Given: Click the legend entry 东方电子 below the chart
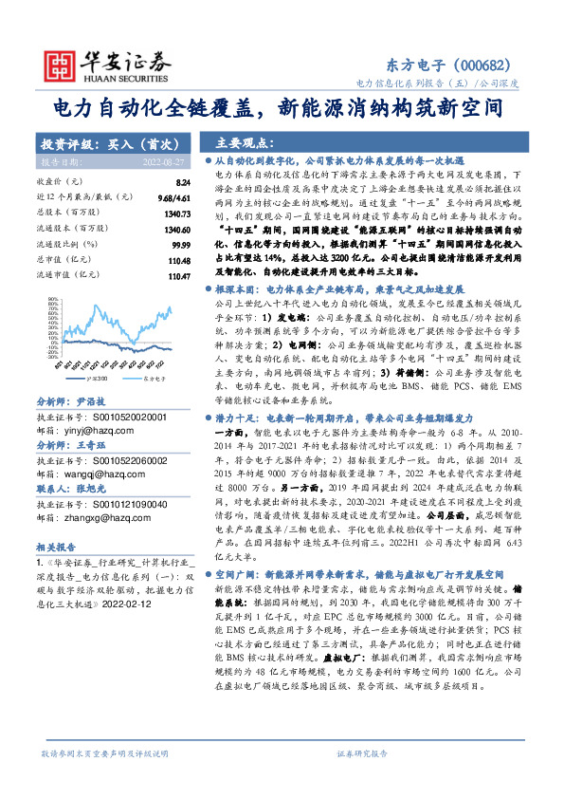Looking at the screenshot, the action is [151, 350].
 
